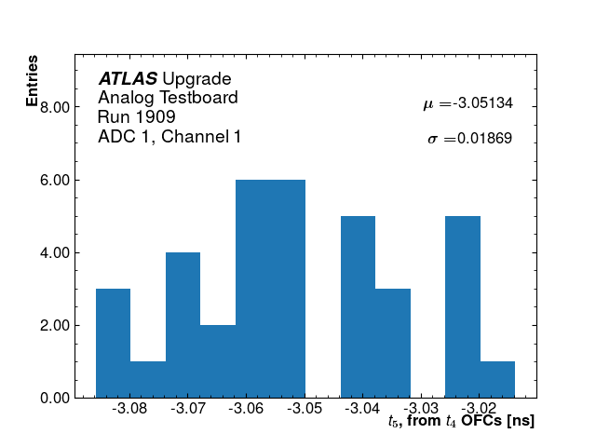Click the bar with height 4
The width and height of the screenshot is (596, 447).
point(183,325)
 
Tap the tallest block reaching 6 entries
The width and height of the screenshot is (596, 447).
point(270,289)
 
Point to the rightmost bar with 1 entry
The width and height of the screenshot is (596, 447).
point(497,379)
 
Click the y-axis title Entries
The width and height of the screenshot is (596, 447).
point(33,81)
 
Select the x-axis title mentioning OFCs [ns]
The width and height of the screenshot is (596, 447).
point(461,422)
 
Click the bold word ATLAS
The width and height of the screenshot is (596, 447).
point(128,79)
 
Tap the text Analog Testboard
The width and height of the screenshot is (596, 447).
point(168,98)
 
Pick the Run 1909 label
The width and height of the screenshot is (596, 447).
point(137,117)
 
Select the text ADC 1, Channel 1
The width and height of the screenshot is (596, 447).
point(169,137)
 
